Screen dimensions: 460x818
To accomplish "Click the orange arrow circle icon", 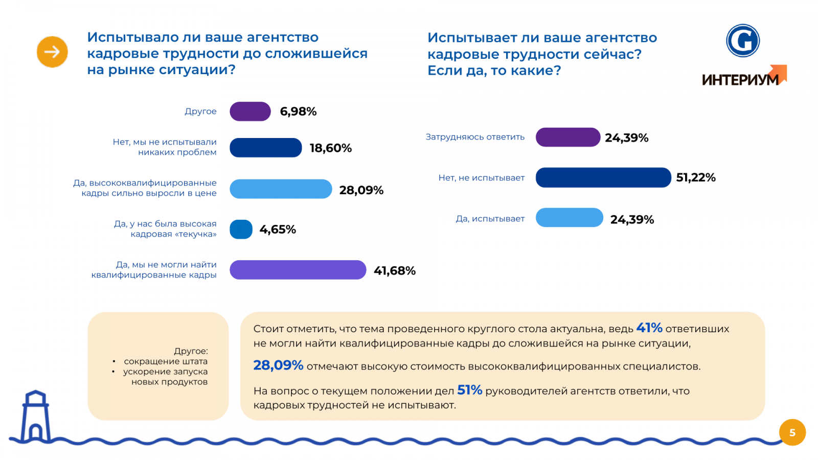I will pos(52,52).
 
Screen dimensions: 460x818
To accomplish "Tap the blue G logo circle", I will pos(743,40).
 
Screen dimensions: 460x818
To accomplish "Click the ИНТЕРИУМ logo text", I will pos(740,80).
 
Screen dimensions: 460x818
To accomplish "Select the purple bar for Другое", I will pos(250,111).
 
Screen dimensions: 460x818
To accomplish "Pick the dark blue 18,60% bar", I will pos(266,148).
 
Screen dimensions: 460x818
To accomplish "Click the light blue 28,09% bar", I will pos(281,189).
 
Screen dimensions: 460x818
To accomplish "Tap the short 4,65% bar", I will pos(241,229).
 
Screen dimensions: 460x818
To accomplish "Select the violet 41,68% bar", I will pos(298,270).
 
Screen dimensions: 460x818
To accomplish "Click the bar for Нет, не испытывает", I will pos(603,177).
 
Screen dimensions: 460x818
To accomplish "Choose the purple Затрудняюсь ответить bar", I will pos(567,137).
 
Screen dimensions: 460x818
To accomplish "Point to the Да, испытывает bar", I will pos(570,218).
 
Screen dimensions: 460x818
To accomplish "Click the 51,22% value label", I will pos(696,178).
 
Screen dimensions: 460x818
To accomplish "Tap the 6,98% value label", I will pos(298,111).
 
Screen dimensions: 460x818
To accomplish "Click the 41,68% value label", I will pos(395,271).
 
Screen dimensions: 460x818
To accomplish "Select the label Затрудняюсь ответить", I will pos(475,137).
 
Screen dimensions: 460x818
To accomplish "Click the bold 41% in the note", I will pos(649,328).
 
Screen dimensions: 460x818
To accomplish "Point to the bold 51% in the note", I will pos(470,390).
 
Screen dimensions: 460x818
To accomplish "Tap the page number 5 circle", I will pos(792,432).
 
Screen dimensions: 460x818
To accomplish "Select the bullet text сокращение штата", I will pos(166,361).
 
